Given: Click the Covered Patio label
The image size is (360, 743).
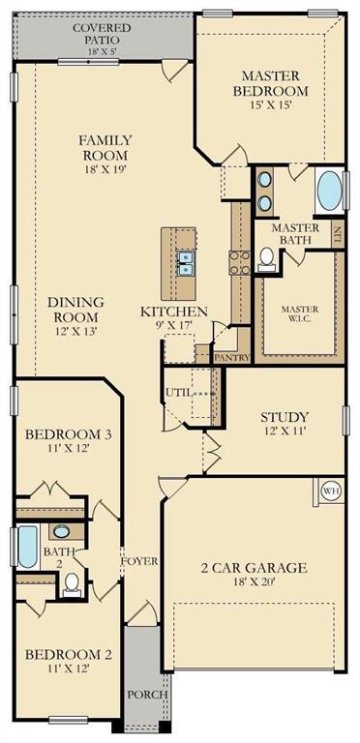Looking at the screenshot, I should coord(103,35).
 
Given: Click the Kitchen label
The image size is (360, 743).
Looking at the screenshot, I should coord(174,312).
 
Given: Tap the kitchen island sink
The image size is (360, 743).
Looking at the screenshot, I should coord(186,258).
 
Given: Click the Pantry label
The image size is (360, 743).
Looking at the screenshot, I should coord(232,357).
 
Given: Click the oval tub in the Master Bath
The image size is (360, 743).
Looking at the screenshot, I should coord(330,191).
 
